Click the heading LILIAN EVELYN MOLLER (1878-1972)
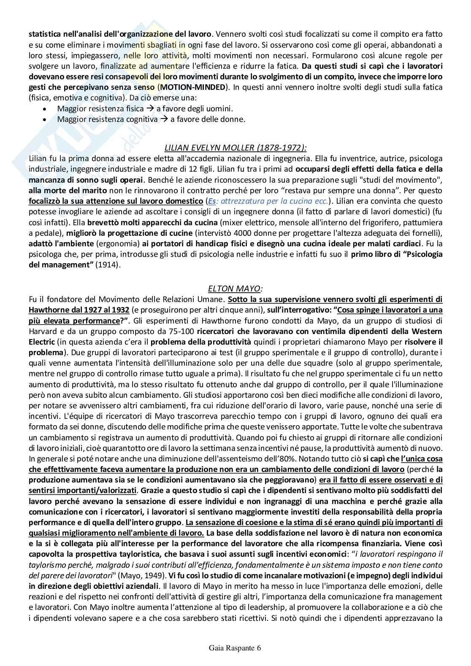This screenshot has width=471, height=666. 235,147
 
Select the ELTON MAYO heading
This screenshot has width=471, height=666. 235,289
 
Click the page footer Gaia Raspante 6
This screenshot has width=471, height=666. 235,648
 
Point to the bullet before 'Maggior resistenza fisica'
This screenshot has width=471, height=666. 45,109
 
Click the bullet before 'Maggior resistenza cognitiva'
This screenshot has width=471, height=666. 45,119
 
